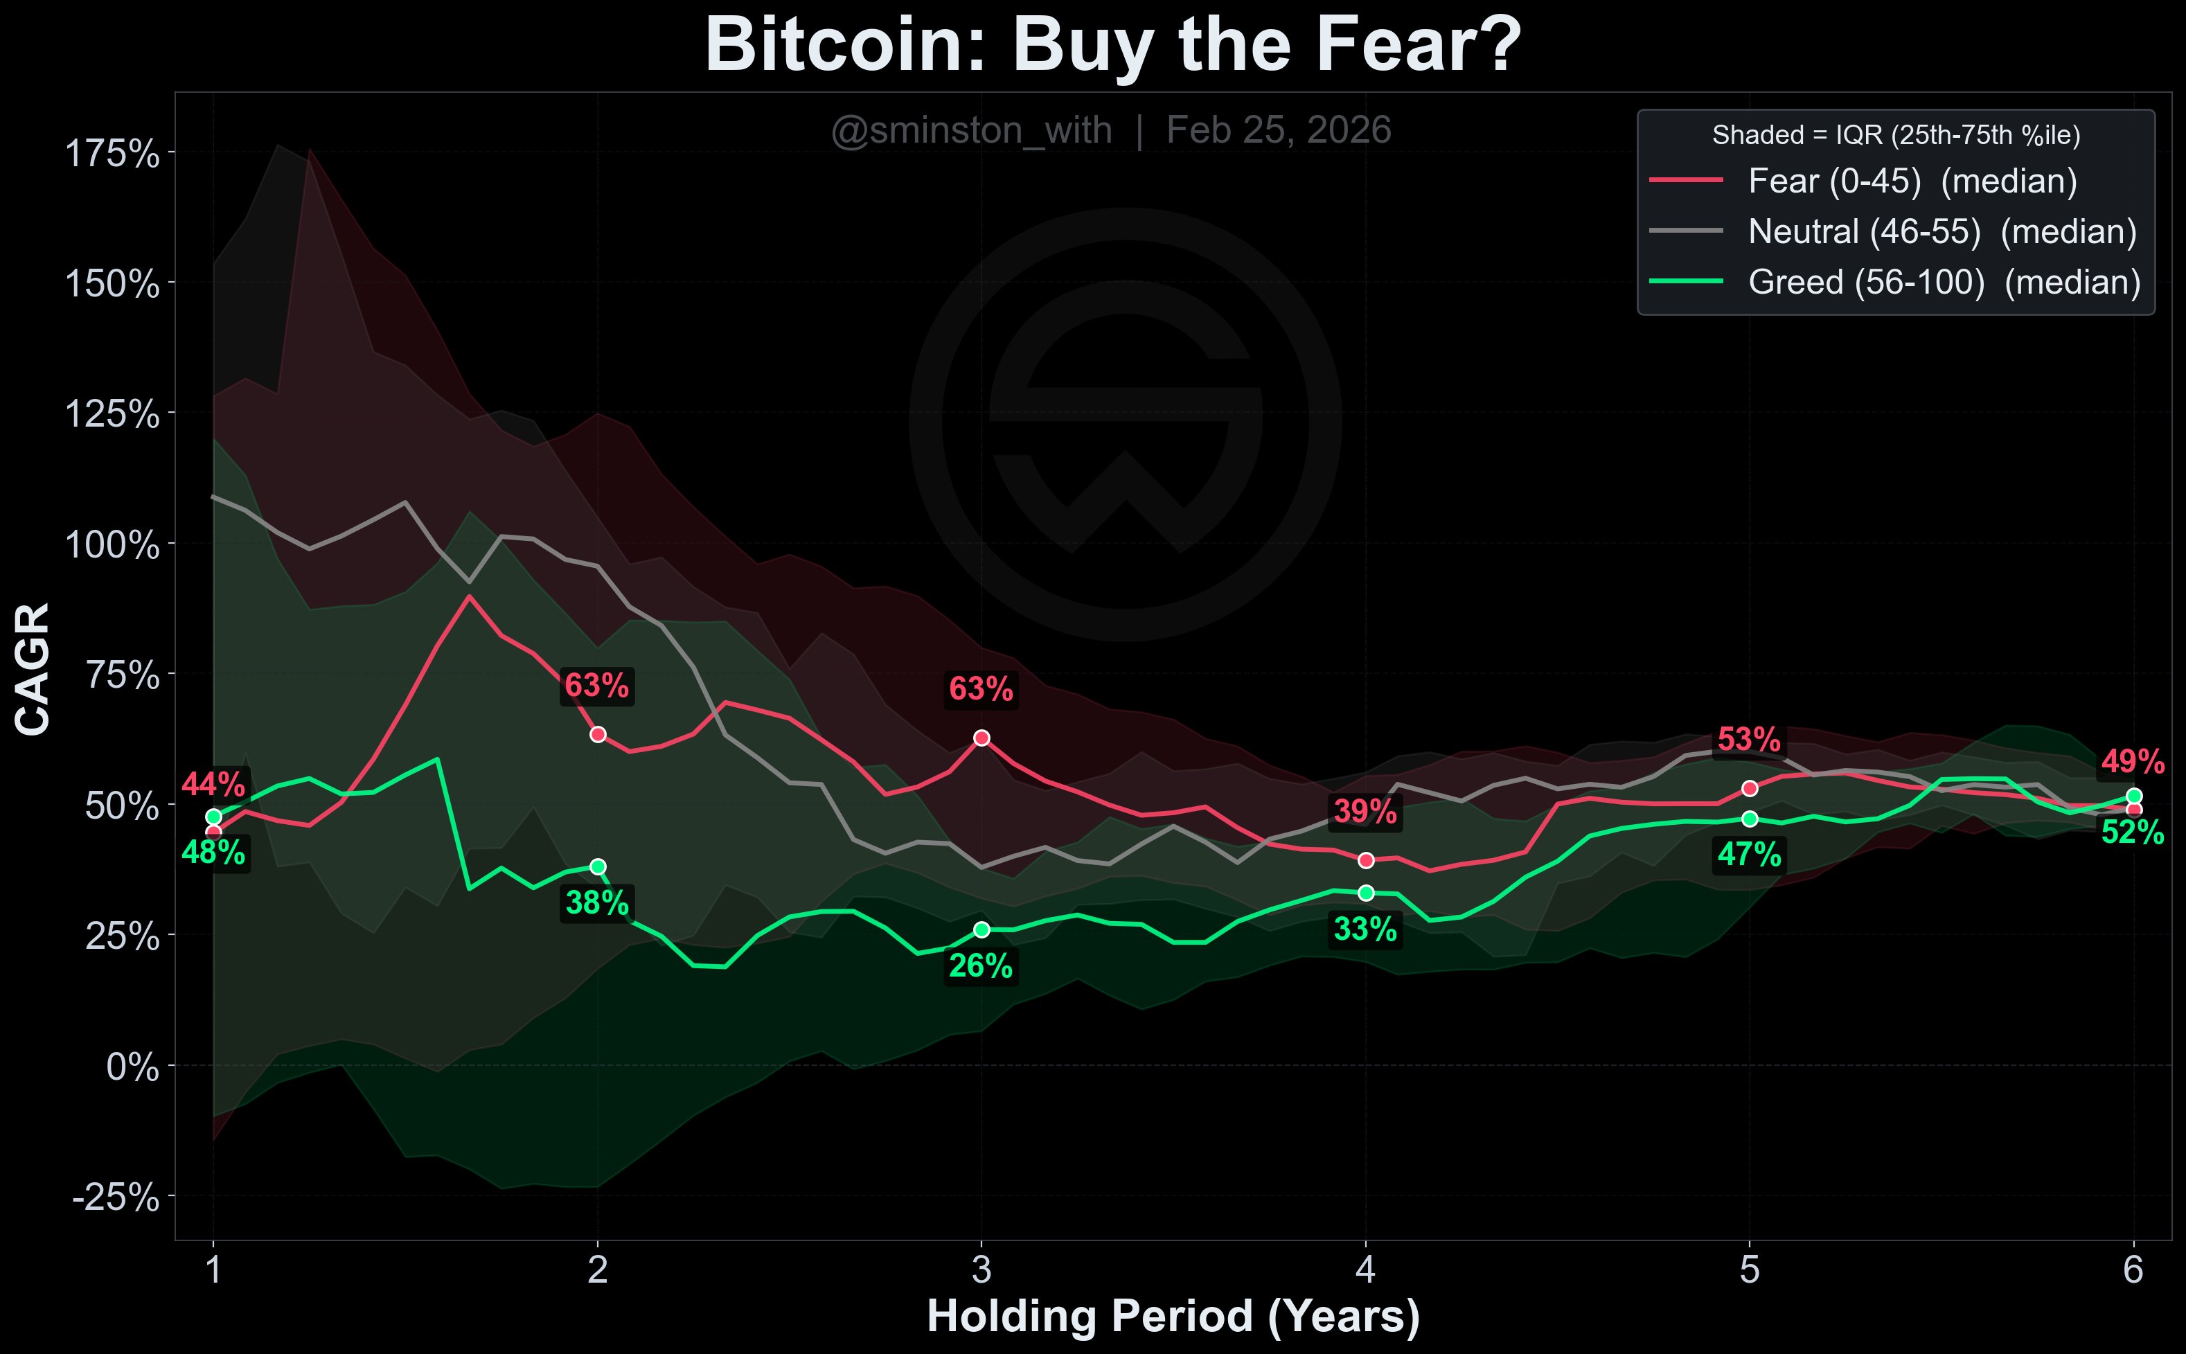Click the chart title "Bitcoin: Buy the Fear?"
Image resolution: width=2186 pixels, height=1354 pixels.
pyautogui.click(x=1113, y=45)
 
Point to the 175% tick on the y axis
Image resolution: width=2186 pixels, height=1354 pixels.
pyautogui.click(x=113, y=154)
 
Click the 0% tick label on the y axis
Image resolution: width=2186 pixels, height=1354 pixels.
pyautogui.click(x=132, y=1067)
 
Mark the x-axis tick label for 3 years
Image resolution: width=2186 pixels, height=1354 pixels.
pyautogui.click(x=981, y=1270)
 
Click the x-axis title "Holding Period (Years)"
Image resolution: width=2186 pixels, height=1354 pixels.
pyautogui.click(x=1173, y=1317)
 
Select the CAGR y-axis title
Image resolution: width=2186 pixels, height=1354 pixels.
pyautogui.click(x=33, y=669)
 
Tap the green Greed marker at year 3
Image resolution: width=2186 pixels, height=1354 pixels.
pyautogui.click(x=981, y=929)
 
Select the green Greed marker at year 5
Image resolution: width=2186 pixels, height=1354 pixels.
pyautogui.click(x=1750, y=819)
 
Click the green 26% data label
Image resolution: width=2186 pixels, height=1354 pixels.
pyautogui.click(x=981, y=966)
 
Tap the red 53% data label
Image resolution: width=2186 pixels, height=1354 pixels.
pyautogui.click(x=1749, y=740)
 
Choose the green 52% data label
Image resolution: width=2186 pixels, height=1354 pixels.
pyautogui.click(x=2132, y=832)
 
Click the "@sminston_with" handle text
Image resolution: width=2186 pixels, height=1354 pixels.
pyautogui.click(x=972, y=131)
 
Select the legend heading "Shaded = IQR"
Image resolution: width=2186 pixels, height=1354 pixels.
pyautogui.click(x=1896, y=135)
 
